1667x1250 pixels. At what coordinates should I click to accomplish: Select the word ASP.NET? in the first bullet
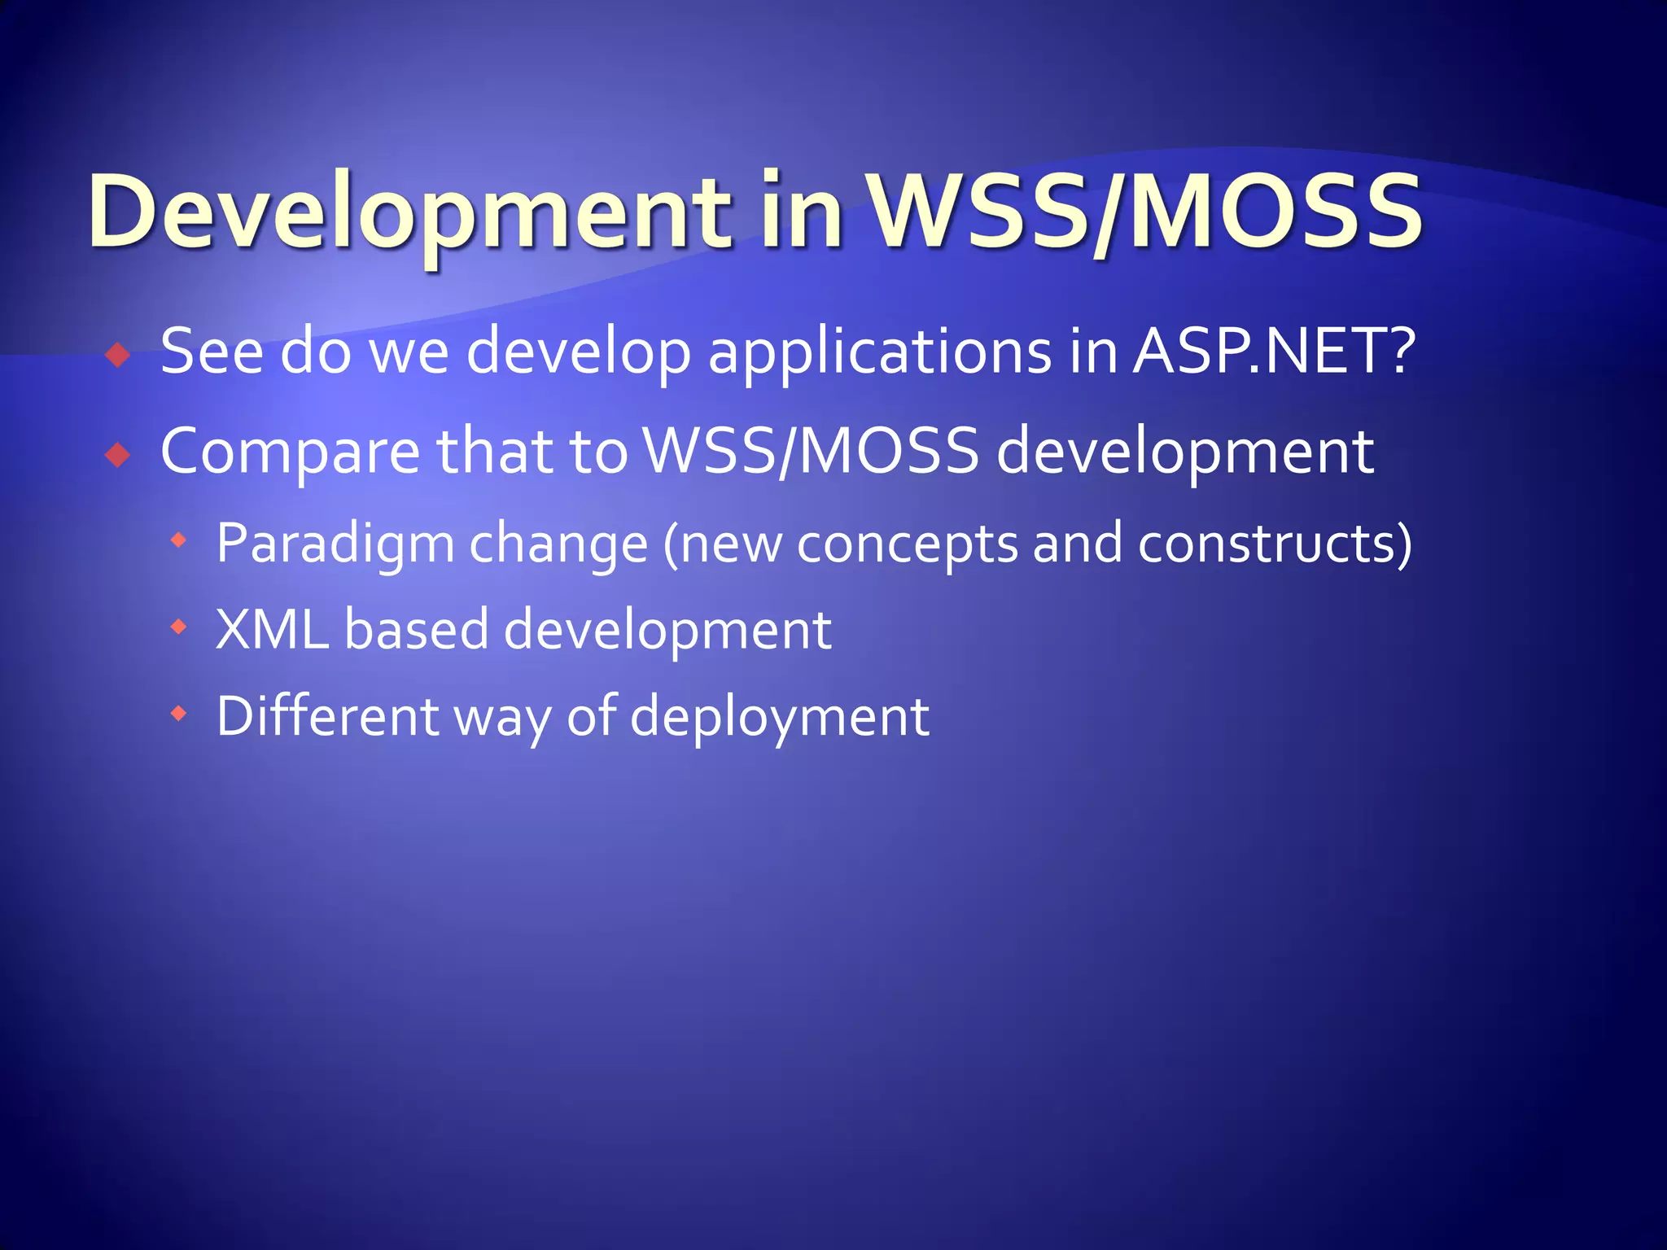pyautogui.click(x=1275, y=352)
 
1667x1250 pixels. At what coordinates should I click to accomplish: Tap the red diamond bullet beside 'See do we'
pyautogui.click(x=119, y=356)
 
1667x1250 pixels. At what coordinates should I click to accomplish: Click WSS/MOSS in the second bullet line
pyautogui.click(x=811, y=452)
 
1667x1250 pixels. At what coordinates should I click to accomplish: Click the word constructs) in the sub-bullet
pyautogui.click(x=1275, y=544)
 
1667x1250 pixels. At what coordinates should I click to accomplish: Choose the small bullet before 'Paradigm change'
pyautogui.click(x=179, y=540)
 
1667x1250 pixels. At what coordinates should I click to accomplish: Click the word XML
pyautogui.click(x=272, y=630)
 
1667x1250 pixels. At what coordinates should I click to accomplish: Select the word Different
pyautogui.click(x=327, y=717)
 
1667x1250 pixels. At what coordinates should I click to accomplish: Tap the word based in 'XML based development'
pyautogui.click(x=416, y=630)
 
